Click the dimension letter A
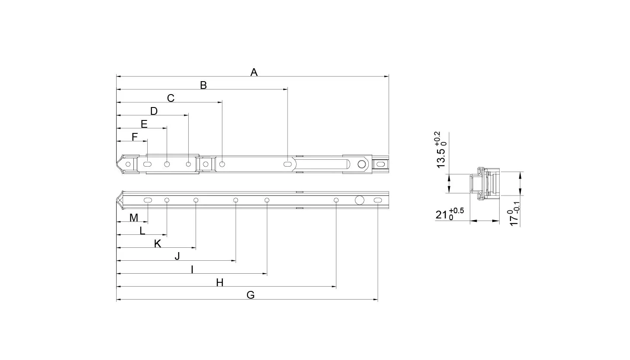254,72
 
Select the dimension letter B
203,85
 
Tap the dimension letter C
171,98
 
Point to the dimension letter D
154,111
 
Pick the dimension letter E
144,124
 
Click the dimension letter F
134,137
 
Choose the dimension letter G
250,295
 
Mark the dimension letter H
220,282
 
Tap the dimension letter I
192,269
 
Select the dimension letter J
177,256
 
